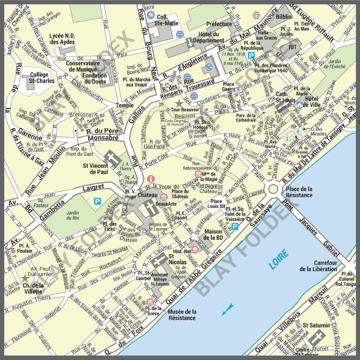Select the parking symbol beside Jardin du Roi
click(98, 201)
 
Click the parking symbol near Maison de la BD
click(235, 226)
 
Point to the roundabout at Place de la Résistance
click(273, 189)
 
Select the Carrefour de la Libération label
click(318, 266)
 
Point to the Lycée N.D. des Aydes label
click(65, 39)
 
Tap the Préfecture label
click(218, 24)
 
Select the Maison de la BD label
click(213, 235)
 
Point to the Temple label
click(124, 105)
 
